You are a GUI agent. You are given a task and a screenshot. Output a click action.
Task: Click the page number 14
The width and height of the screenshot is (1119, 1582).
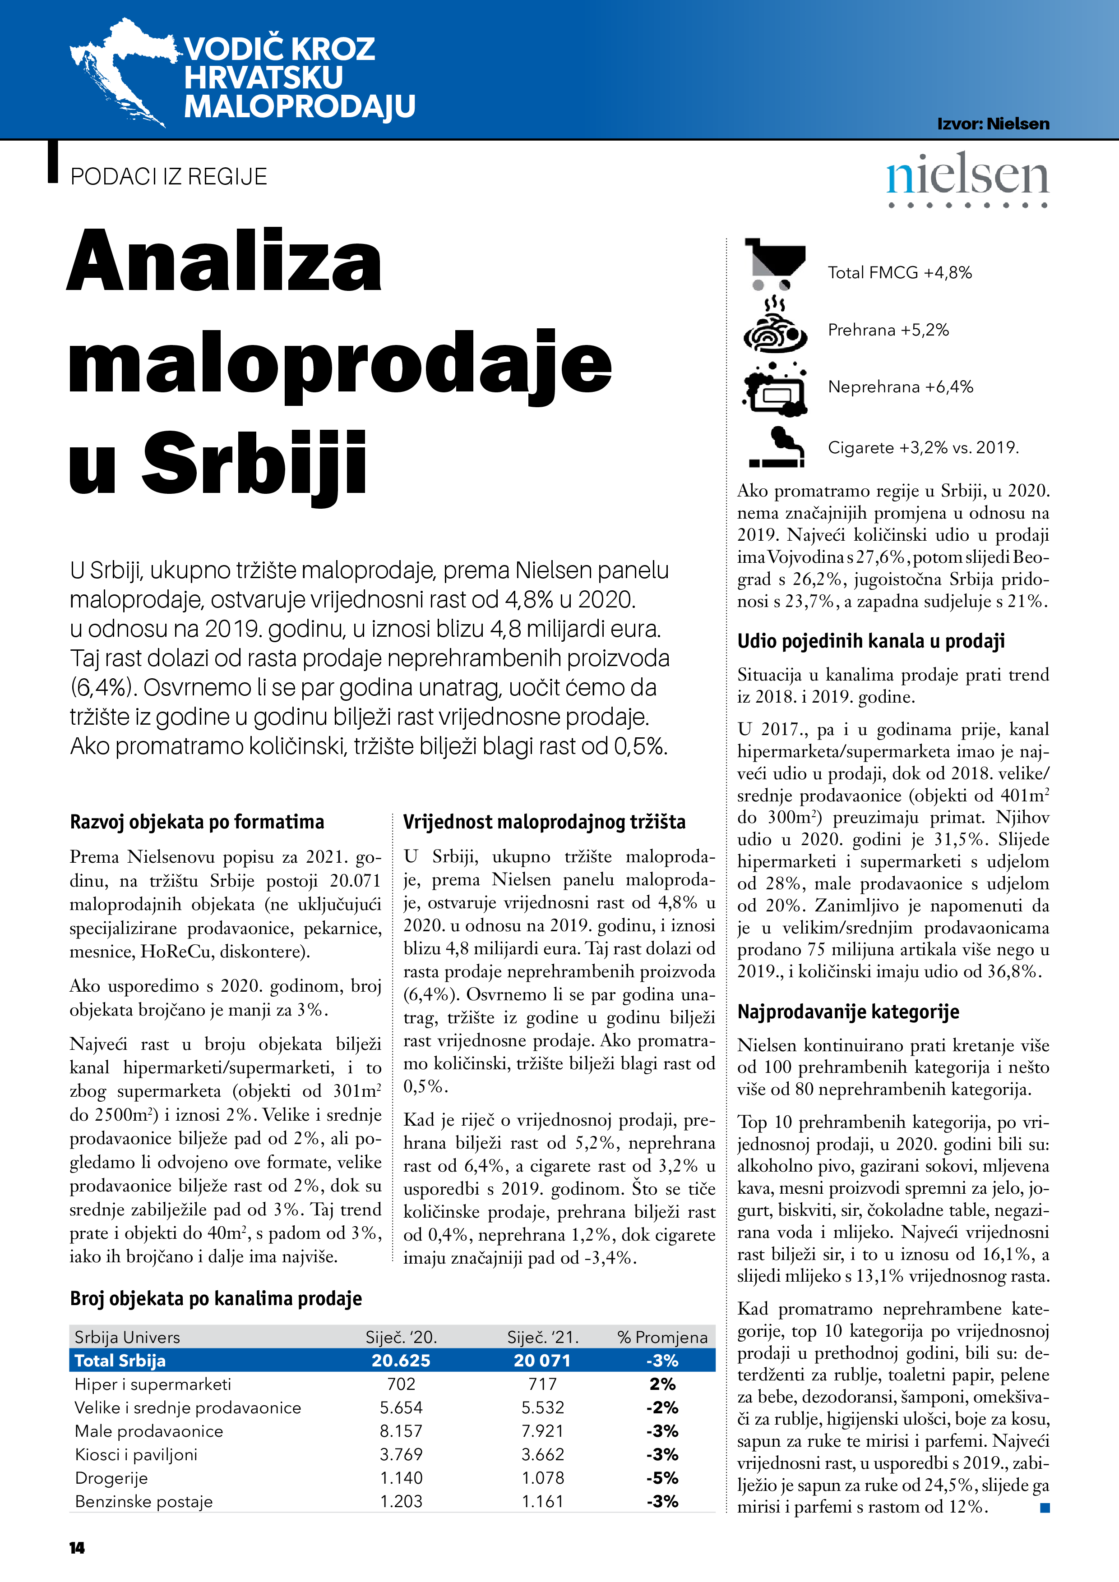77,1548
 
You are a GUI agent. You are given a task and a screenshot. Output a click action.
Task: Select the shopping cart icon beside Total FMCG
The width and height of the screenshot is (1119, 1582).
775,264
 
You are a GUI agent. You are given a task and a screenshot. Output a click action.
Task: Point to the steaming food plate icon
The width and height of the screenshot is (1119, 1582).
775,325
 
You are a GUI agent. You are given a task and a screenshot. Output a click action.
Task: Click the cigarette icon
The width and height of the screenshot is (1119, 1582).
777,448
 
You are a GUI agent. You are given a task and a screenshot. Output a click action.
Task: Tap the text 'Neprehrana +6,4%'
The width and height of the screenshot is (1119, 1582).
901,387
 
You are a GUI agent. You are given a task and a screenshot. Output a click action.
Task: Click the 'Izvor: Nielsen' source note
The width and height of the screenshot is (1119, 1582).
993,124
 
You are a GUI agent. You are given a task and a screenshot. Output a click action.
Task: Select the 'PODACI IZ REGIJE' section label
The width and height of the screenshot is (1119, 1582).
168,177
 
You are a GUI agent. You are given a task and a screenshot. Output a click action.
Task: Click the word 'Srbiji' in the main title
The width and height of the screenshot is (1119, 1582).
254,464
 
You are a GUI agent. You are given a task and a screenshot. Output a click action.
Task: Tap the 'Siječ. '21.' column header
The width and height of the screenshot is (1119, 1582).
543,1338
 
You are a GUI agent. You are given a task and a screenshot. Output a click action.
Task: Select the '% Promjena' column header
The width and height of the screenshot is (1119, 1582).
662,1338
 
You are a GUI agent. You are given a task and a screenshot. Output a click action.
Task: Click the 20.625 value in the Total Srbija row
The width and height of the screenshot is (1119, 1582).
401,1361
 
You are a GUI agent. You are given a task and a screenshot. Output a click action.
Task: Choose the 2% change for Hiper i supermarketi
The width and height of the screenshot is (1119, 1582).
662,1384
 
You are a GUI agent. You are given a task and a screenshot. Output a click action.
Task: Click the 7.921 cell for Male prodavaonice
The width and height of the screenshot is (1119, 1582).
543,1431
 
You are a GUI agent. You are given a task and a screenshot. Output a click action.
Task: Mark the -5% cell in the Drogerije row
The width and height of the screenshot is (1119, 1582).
662,1478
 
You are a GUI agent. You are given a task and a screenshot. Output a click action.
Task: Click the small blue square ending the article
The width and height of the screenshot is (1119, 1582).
1045,1508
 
